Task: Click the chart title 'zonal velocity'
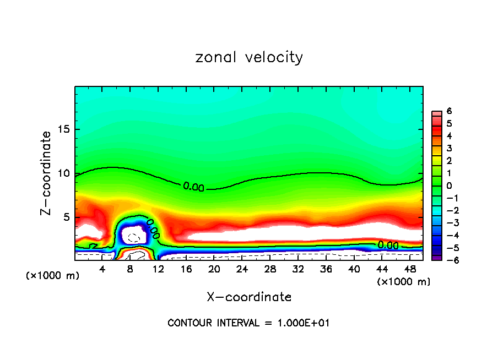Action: point(249,58)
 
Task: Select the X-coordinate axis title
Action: point(249,297)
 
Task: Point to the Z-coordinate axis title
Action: point(46,173)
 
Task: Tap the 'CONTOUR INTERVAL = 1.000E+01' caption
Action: point(248,323)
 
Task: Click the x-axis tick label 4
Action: point(102,269)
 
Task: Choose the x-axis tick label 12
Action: point(158,269)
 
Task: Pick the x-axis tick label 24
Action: point(242,269)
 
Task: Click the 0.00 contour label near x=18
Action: point(193,187)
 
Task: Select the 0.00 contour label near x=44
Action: point(388,245)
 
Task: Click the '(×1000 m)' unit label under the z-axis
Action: point(52,276)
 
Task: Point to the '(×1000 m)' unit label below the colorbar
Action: point(404,282)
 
